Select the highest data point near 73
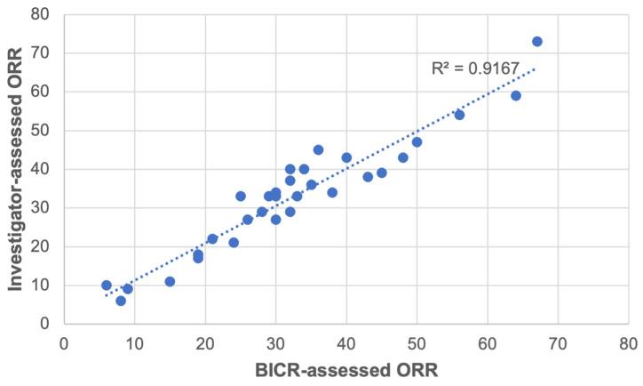pyautogui.click(x=537, y=42)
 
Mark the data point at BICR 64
pyautogui.click(x=516, y=95)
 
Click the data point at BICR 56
pyautogui.click(x=459, y=115)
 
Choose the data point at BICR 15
pyautogui.click(x=170, y=281)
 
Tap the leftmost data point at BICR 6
pyautogui.click(x=107, y=285)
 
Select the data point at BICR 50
pyautogui.click(x=417, y=142)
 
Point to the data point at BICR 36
pyautogui.click(x=318, y=149)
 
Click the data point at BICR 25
pyautogui.click(x=241, y=196)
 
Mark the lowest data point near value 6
pyautogui.click(x=121, y=301)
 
